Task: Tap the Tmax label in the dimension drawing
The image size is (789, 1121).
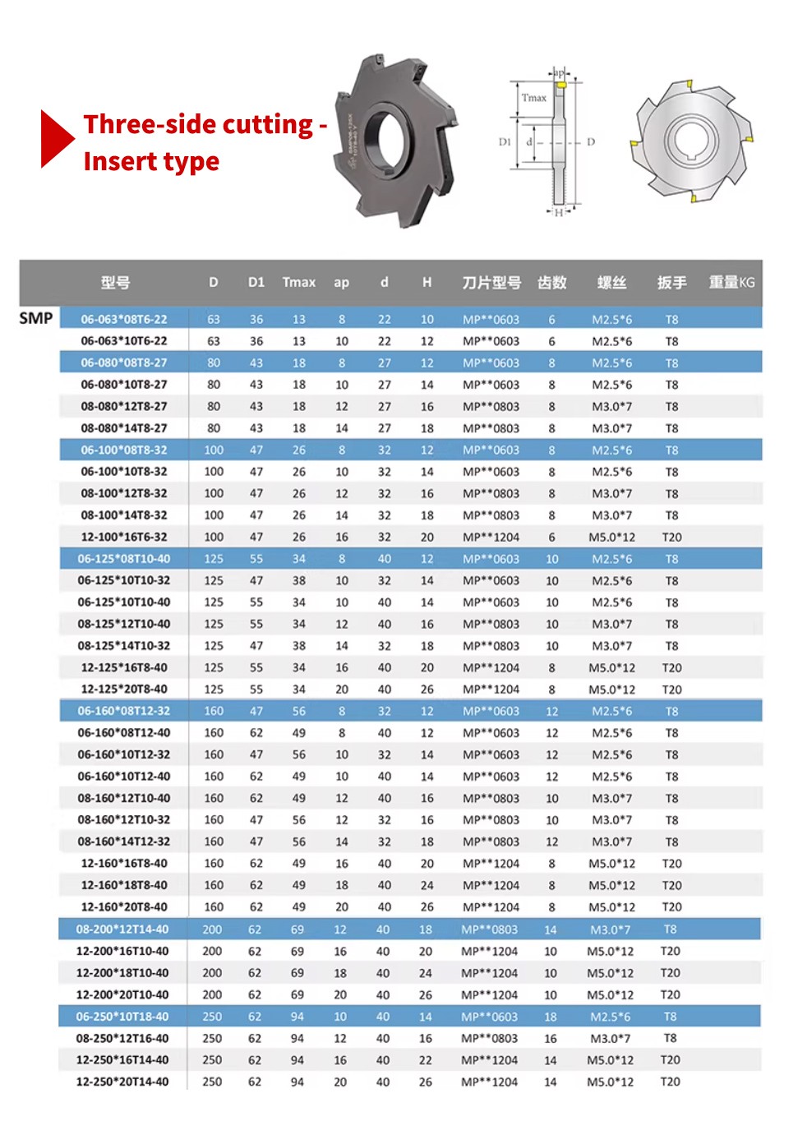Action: pyautogui.click(x=533, y=98)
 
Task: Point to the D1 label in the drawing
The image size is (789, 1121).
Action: pyautogui.click(x=505, y=142)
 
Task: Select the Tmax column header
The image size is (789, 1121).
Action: pyautogui.click(x=298, y=282)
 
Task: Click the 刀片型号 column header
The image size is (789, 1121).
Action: pyautogui.click(x=491, y=282)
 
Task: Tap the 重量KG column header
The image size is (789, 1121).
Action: pyautogui.click(x=731, y=282)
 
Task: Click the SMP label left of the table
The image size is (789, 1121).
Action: pyautogui.click(x=36, y=318)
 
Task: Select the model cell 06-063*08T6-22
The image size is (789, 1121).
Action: pyautogui.click(x=124, y=319)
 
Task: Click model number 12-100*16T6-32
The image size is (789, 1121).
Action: pyautogui.click(x=124, y=537)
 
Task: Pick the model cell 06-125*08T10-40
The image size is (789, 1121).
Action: pyautogui.click(x=124, y=559)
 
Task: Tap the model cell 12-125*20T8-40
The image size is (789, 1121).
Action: pyautogui.click(x=124, y=690)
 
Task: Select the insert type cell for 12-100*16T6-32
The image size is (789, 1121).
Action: pyautogui.click(x=491, y=537)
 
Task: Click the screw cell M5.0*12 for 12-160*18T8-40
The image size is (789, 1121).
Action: pyautogui.click(x=611, y=885)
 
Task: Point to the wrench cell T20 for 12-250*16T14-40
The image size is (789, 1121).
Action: pyautogui.click(x=670, y=1060)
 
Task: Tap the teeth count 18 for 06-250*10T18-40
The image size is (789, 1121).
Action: pyautogui.click(x=550, y=1017)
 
